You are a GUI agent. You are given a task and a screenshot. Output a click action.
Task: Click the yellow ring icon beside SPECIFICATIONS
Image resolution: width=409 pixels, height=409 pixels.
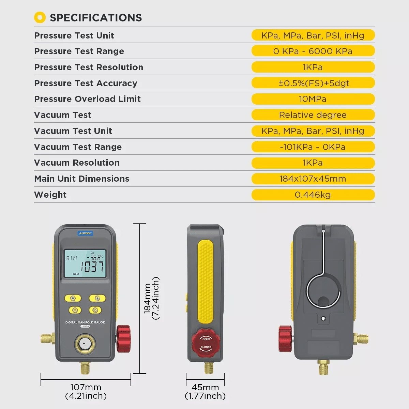(40, 17)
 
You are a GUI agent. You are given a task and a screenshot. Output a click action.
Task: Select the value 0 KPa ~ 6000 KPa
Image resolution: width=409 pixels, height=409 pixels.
(313, 51)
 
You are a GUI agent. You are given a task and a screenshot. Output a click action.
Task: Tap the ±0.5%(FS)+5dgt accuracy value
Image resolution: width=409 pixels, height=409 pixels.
(314, 83)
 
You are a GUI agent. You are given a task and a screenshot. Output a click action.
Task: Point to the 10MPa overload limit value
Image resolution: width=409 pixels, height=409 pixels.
(313, 99)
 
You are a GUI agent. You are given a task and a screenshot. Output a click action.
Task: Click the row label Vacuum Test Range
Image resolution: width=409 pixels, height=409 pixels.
(78, 147)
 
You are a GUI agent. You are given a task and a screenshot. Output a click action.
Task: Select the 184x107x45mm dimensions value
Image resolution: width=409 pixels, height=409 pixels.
(313, 179)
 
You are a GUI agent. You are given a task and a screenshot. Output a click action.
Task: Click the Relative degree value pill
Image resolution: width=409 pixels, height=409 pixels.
(313, 115)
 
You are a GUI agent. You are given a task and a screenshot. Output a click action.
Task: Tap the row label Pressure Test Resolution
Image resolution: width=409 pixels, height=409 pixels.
(89, 67)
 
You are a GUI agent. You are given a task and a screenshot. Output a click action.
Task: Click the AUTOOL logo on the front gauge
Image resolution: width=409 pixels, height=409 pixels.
(85, 233)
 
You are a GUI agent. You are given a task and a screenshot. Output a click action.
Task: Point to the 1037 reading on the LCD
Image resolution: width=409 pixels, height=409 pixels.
(92, 267)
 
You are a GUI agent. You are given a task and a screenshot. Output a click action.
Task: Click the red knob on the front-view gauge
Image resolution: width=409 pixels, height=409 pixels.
(123, 339)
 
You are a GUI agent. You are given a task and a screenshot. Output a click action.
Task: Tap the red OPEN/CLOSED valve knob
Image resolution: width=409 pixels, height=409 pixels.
(206, 343)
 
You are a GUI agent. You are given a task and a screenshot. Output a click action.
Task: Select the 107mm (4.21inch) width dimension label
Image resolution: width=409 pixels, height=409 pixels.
(86, 392)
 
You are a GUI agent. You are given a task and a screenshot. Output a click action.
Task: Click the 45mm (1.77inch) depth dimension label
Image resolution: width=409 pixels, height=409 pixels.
(205, 392)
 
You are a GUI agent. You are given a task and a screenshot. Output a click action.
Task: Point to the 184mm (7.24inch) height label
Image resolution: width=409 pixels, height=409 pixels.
(151, 298)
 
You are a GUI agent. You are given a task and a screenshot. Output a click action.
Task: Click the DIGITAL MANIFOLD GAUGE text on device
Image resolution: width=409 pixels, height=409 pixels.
(85, 322)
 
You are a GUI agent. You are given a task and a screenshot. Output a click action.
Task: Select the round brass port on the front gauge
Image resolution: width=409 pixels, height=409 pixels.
(85, 344)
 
